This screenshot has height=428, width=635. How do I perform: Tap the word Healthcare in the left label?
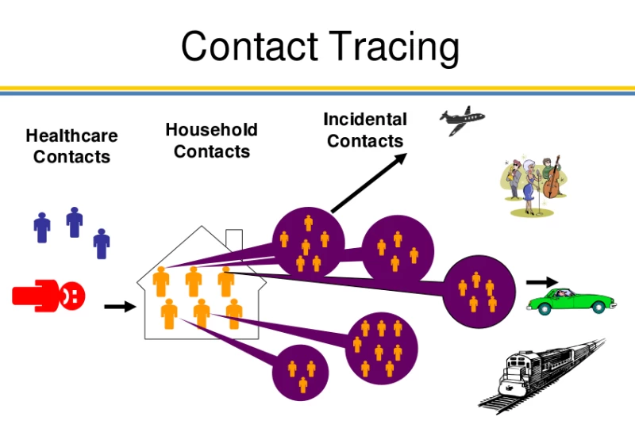point(71,136)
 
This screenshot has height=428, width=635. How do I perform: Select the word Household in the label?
point(211,130)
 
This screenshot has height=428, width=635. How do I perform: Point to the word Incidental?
point(365,120)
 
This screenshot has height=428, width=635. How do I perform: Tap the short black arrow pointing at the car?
point(542,281)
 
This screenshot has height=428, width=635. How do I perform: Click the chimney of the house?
point(234,239)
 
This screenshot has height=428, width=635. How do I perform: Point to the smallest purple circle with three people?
point(302,373)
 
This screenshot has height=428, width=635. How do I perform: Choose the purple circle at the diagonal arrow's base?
point(308,242)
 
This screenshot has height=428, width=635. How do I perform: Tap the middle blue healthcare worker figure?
point(75,223)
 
